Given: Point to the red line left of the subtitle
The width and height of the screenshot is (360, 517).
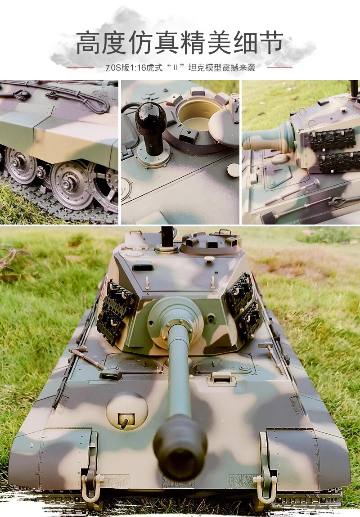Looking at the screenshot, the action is tap(81, 67).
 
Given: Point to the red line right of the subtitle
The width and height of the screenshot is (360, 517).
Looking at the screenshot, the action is tap(279, 67).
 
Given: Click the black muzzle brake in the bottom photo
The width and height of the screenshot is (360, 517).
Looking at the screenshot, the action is tap(180, 448).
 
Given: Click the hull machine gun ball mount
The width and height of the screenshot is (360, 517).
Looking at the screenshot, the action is tap(126, 411).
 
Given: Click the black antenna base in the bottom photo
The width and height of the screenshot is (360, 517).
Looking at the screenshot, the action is tap(167, 237).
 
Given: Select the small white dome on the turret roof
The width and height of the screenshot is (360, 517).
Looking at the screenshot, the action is tap(209, 259).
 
